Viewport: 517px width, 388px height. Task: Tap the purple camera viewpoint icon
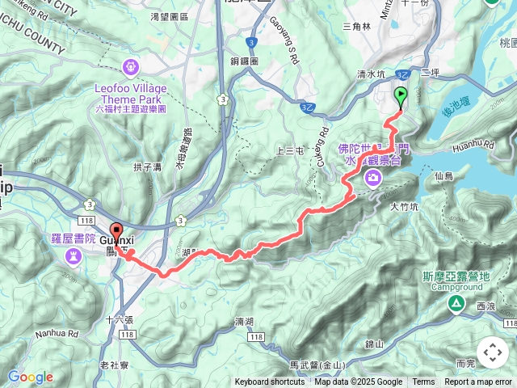[x=374, y=182]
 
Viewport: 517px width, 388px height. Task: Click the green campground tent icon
[x=456, y=304]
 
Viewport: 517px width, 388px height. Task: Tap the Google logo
[x=30, y=377]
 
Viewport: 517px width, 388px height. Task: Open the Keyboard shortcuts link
[x=270, y=382]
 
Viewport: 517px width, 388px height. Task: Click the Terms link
[x=423, y=382]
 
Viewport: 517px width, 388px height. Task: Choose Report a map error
[x=479, y=382]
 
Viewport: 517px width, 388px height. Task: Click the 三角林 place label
[x=356, y=27]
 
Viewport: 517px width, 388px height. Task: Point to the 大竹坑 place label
[x=405, y=207]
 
